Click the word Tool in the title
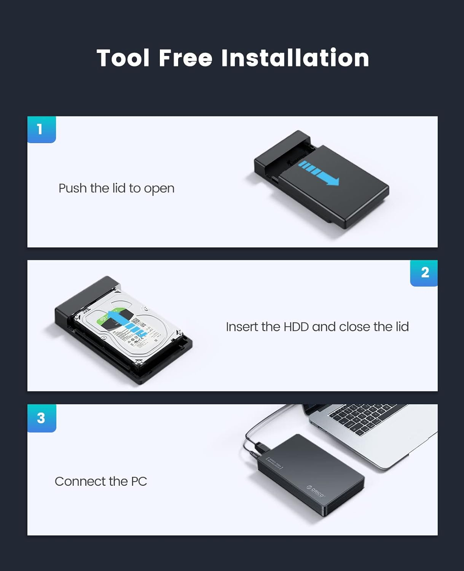click(x=123, y=58)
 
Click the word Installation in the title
click(x=295, y=58)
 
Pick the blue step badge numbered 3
click(x=41, y=418)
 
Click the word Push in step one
click(x=73, y=188)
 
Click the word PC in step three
click(x=139, y=481)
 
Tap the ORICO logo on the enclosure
click(x=315, y=491)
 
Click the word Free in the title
click(x=185, y=58)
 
